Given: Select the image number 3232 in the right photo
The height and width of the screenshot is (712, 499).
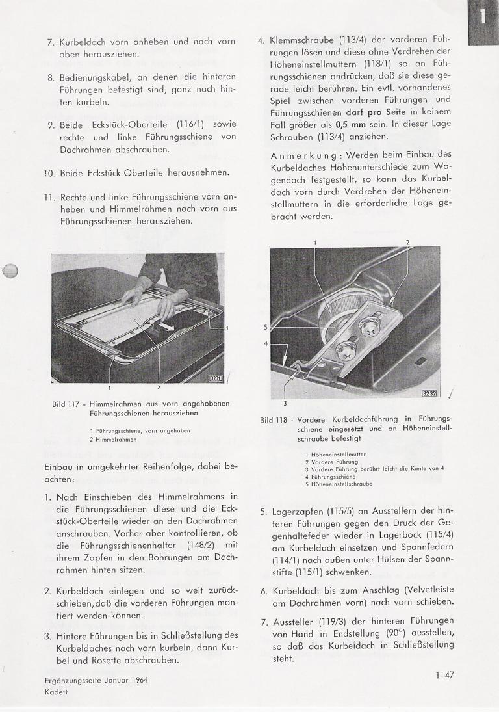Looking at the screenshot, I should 429,393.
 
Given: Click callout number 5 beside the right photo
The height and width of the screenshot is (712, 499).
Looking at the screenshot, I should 266,327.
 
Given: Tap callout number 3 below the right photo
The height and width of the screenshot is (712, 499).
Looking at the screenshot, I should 285,402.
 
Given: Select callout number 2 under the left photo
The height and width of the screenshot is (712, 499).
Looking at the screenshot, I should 159,387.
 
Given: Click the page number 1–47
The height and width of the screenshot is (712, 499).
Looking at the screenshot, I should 444,675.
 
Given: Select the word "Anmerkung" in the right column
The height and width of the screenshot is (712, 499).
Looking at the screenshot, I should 303,155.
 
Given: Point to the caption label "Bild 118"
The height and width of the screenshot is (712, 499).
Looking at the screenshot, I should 274,419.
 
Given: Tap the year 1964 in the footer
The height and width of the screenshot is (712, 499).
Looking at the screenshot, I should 136,681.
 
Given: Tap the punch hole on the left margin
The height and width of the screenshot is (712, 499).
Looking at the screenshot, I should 11,272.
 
